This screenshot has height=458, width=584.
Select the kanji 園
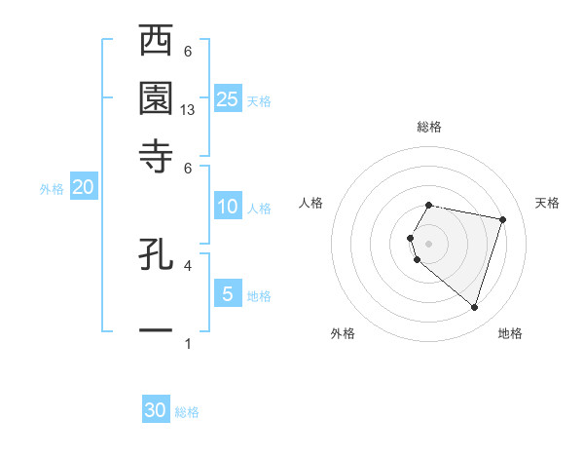(x=156, y=97)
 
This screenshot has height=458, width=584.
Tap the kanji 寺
(x=156, y=154)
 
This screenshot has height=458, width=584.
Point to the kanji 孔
(x=156, y=253)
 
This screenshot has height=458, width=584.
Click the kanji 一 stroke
(x=156, y=330)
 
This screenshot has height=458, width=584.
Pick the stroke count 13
(x=189, y=110)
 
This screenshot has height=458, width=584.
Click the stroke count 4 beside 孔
(x=188, y=264)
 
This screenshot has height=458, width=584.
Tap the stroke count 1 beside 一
(x=188, y=343)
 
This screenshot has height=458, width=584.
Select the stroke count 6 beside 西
(x=188, y=51)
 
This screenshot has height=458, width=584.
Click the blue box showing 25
(x=228, y=98)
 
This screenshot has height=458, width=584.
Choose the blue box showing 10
(x=228, y=207)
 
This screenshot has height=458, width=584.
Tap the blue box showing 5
(x=228, y=293)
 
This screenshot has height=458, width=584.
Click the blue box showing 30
(x=156, y=410)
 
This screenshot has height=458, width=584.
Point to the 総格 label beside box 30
(x=187, y=412)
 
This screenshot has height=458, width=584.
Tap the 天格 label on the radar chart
(x=547, y=203)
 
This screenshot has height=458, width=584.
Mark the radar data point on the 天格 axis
(x=502, y=220)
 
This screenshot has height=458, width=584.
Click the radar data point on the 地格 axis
(x=474, y=308)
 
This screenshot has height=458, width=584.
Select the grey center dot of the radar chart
(x=428, y=243)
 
